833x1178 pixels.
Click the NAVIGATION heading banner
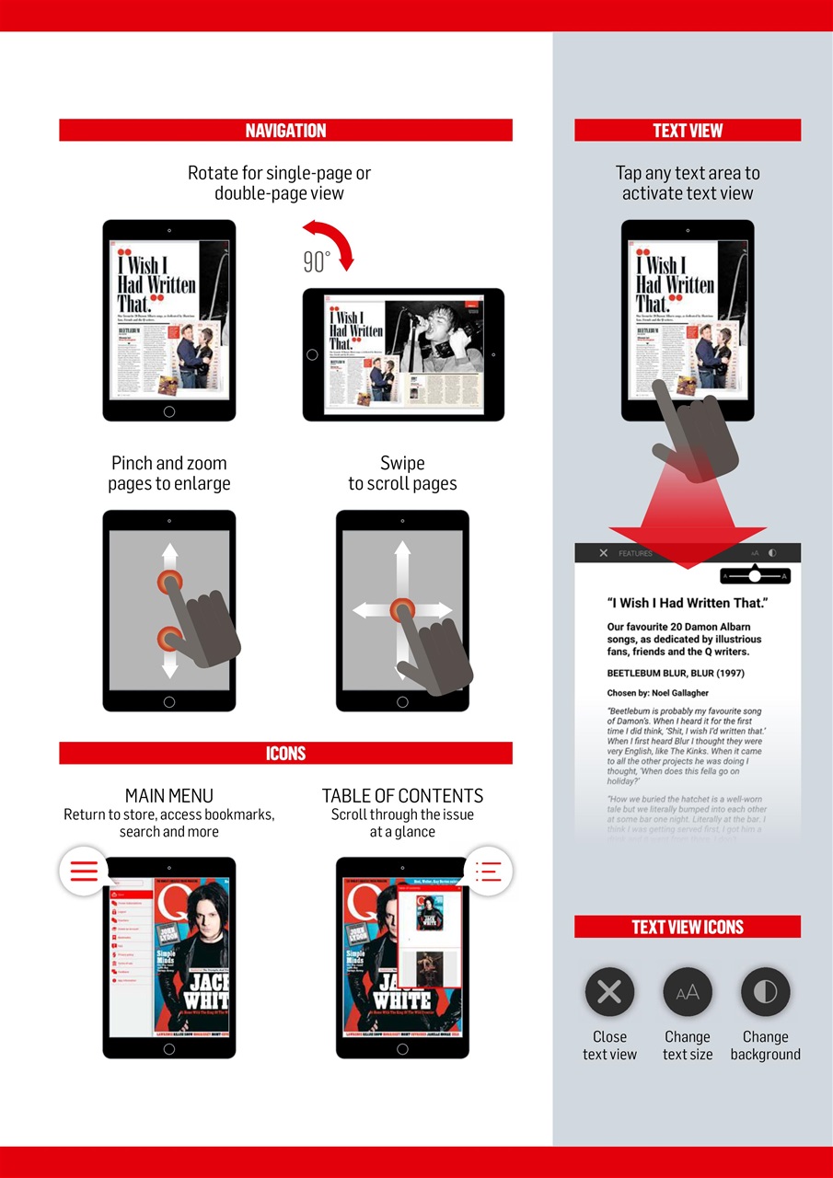(x=285, y=131)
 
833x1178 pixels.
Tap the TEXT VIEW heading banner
(x=688, y=131)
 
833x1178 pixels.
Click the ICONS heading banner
(x=285, y=754)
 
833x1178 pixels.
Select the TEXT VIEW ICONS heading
(x=688, y=927)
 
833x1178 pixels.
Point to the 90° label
(x=316, y=263)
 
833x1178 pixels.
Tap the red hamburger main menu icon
(x=84, y=871)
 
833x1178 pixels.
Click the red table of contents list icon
(x=488, y=871)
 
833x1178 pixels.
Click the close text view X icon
(x=609, y=991)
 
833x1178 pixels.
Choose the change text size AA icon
(x=688, y=991)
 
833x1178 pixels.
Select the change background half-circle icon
(x=766, y=991)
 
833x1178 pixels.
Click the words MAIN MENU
(x=169, y=796)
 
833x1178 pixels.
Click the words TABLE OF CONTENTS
(x=402, y=796)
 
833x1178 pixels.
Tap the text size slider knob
(x=755, y=575)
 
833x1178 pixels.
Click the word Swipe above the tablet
(x=402, y=463)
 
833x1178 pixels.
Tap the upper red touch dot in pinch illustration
(x=168, y=582)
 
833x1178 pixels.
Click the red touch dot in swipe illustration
(x=402, y=609)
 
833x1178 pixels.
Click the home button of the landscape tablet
(x=312, y=355)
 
